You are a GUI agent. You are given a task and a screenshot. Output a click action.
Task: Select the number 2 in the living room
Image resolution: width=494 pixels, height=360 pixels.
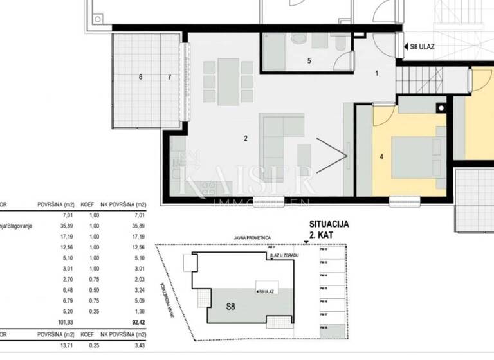pos(246,138)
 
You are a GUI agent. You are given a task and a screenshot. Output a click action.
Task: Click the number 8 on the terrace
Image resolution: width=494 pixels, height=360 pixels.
pos(140,77)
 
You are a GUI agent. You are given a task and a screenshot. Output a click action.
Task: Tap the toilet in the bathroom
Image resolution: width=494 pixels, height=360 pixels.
pos(299,40)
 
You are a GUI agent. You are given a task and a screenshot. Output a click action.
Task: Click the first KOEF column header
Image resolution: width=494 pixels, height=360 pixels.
pos(87,207)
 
